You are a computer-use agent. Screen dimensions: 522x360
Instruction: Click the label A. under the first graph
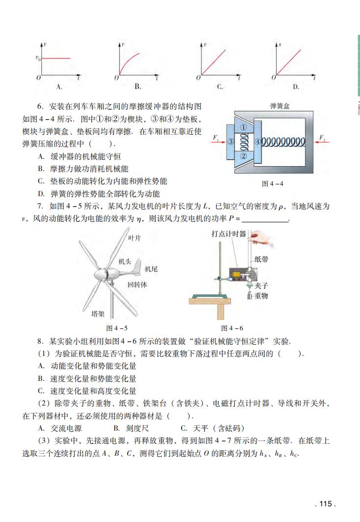[58, 87]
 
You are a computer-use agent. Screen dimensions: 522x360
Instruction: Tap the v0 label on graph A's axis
[37, 58]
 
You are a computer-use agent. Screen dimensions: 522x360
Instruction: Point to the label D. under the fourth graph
[296, 87]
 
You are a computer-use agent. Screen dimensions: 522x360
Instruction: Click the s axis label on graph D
[279, 44]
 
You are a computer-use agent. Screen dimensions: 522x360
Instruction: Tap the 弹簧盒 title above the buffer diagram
[280, 106]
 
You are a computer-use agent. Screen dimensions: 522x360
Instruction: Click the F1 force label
[216, 137]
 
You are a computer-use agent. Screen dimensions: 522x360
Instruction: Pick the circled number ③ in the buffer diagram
[230, 142]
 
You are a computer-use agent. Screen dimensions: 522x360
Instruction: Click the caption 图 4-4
[273, 183]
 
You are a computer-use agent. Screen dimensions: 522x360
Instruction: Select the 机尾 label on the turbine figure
[151, 269]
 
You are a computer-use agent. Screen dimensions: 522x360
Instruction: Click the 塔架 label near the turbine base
[98, 314]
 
